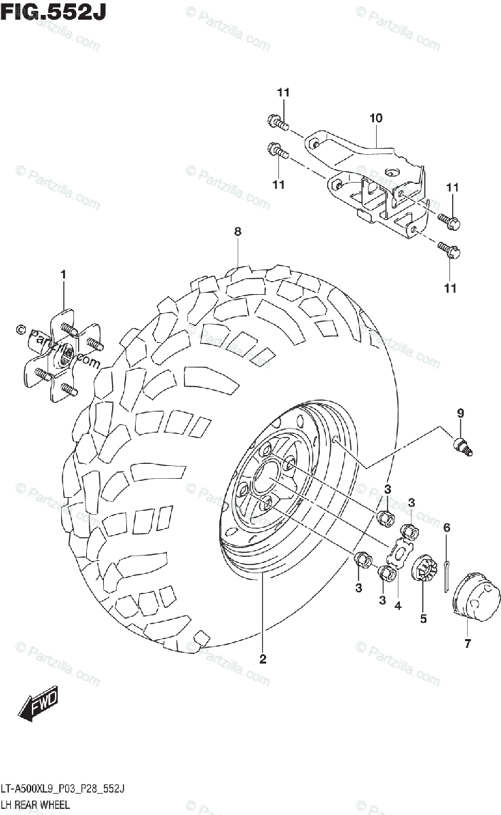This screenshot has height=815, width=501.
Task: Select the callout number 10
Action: (375, 118)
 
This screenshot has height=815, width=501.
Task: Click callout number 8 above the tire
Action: (238, 232)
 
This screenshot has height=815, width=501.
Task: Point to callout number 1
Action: (63, 274)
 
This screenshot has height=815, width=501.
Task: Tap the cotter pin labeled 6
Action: (448, 574)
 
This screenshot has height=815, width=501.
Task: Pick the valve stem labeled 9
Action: (463, 445)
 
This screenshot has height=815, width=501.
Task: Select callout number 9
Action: (460, 413)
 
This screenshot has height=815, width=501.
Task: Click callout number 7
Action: (468, 644)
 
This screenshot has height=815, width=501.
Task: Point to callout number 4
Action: (398, 605)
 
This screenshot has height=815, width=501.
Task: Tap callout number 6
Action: (447, 528)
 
